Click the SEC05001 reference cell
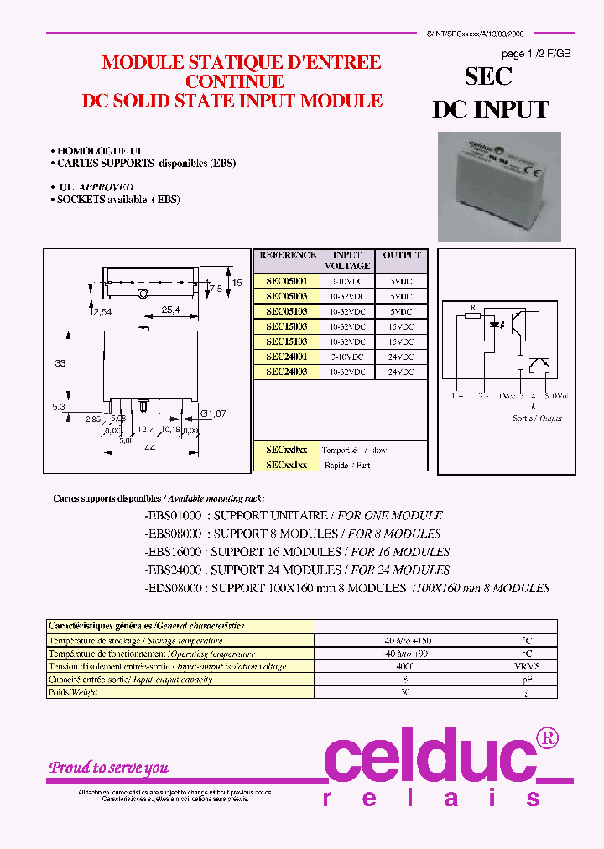click(x=287, y=281)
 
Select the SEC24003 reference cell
click(x=287, y=372)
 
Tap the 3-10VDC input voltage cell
click(x=347, y=281)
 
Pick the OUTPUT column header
click(x=403, y=255)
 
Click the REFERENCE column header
click(x=287, y=255)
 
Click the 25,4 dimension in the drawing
click(x=170, y=310)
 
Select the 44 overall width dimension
click(x=150, y=449)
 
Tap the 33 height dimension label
click(x=60, y=363)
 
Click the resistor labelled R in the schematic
click(x=473, y=316)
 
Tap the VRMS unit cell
click(x=527, y=666)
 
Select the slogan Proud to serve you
click(x=108, y=768)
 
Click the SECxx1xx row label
click(x=287, y=464)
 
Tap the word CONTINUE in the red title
click(x=234, y=82)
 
